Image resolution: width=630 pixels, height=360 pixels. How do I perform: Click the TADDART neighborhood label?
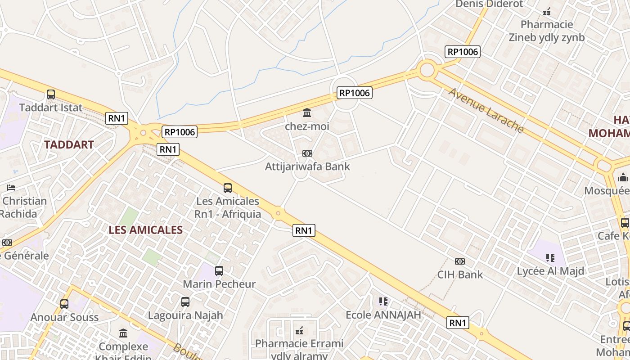pyautogui.click(x=69, y=145)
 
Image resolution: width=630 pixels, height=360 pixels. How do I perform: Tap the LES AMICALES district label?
pyautogui.click(x=145, y=230)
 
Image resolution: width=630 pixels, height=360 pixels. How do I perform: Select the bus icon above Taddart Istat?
pyautogui.click(x=51, y=94)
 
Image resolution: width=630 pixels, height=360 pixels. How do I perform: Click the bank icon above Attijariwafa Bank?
pyautogui.click(x=307, y=153)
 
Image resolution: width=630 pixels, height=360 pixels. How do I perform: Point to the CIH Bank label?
pyautogui.click(x=460, y=274)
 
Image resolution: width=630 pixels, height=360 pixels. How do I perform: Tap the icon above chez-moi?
pyautogui.click(x=307, y=112)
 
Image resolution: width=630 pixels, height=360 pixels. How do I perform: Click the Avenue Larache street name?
pyautogui.click(x=486, y=110)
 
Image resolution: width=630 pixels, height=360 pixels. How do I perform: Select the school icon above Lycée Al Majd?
pyautogui.click(x=550, y=258)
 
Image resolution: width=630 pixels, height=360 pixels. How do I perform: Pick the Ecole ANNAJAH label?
pyautogui.click(x=383, y=315)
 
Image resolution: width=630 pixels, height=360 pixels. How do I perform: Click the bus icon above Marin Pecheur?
pyautogui.click(x=219, y=271)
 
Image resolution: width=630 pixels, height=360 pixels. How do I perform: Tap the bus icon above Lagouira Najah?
pyautogui.click(x=185, y=302)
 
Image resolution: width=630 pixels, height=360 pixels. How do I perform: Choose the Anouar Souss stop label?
pyautogui.click(x=64, y=317)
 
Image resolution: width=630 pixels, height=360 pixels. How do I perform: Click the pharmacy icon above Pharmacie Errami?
pyautogui.click(x=299, y=331)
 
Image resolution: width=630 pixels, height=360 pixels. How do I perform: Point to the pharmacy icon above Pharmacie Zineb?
pyautogui.click(x=547, y=11)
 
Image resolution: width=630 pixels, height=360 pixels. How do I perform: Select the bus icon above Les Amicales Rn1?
pyautogui.click(x=228, y=188)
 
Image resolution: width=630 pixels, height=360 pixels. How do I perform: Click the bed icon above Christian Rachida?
pyautogui.click(x=11, y=188)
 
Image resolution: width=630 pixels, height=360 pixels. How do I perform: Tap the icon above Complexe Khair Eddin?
pyautogui.click(x=123, y=333)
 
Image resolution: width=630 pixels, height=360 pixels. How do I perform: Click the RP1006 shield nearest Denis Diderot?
pyautogui.click(x=463, y=52)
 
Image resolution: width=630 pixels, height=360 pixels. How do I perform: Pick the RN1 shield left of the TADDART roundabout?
pyautogui.click(x=117, y=118)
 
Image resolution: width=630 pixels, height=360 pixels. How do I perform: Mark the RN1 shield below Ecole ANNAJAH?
pyautogui.click(x=458, y=323)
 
